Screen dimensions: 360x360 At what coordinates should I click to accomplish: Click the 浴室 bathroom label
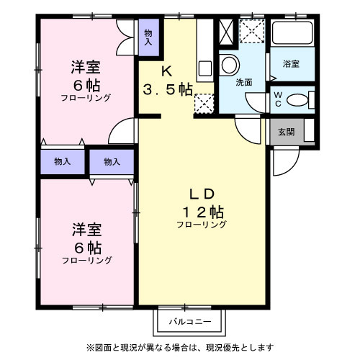[291, 64]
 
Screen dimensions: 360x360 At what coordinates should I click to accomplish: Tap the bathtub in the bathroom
[292, 34]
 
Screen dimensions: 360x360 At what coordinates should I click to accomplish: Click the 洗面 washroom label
[245, 81]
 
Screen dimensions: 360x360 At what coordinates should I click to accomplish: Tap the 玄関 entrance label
[286, 132]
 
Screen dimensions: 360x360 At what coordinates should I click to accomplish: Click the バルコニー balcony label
[190, 320]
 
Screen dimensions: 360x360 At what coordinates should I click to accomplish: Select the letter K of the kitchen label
[166, 71]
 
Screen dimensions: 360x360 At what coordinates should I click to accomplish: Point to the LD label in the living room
[202, 193]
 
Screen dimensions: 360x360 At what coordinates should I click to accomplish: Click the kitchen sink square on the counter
[204, 70]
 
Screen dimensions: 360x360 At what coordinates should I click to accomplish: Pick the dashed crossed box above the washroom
[252, 31]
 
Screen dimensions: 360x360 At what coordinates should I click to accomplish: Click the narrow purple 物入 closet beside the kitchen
[148, 36]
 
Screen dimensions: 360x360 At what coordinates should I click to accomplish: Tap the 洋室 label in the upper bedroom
[86, 67]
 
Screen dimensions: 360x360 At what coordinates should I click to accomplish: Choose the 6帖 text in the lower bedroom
[86, 247]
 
